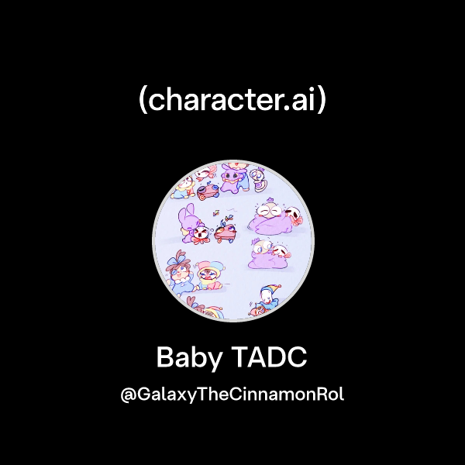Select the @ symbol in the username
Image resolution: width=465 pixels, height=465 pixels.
[129, 394]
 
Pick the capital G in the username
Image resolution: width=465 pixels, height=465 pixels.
[144, 393]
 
